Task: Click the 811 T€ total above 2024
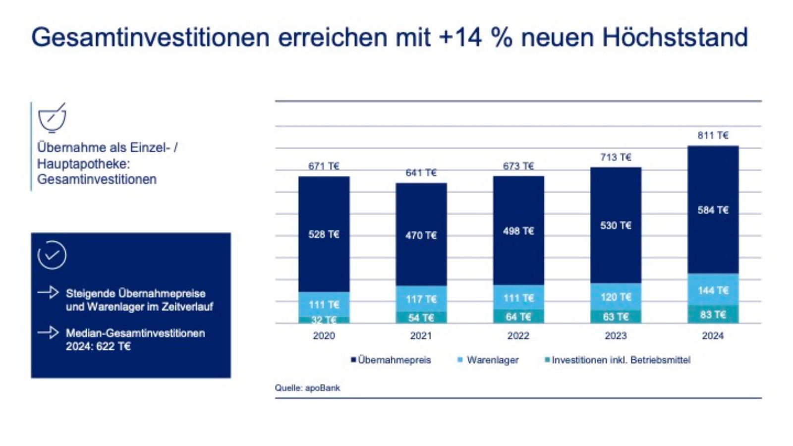pyautogui.click(x=713, y=135)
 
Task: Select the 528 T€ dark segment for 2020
pyautogui.click(x=324, y=234)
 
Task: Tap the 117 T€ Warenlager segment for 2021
pyautogui.click(x=421, y=299)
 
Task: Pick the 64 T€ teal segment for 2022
pyautogui.click(x=518, y=317)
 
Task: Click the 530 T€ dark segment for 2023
pyautogui.click(x=616, y=225)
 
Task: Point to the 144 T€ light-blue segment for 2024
pyautogui.click(x=713, y=290)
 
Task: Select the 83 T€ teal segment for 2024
pyautogui.click(x=713, y=315)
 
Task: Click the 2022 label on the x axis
pyautogui.click(x=518, y=335)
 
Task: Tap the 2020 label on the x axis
pyautogui.click(x=324, y=335)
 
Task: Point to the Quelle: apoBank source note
pyautogui.click(x=307, y=388)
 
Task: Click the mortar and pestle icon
pyautogui.click(x=52, y=118)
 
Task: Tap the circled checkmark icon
pyautogui.click(x=52, y=255)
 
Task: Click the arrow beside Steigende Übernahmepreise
pyautogui.click(x=48, y=292)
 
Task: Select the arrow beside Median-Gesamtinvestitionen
pyautogui.click(x=48, y=332)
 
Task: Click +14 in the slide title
pyautogui.click(x=460, y=37)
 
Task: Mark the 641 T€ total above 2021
pyautogui.click(x=421, y=172)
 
